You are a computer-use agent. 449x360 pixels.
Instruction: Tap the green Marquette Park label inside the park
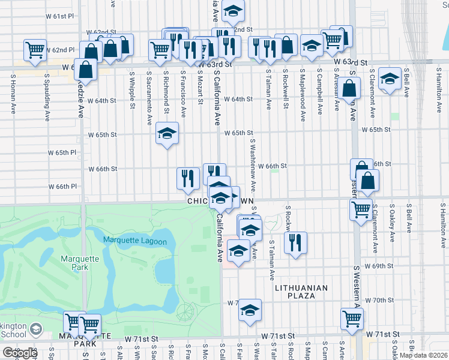tap(75, 263)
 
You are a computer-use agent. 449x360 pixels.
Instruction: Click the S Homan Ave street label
tap(13, 97)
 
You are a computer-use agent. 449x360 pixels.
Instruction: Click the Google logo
tap(20, 353)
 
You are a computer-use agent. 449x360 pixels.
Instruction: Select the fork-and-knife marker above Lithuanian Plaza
tap(295, 242)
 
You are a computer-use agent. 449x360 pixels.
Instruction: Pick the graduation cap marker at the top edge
tap(233, 10)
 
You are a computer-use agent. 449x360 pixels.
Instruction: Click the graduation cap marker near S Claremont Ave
tap(390, 79)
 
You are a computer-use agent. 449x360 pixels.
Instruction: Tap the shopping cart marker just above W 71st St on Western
tap(352, 319)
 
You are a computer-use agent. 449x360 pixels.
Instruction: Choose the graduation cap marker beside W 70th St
tap(250, 310)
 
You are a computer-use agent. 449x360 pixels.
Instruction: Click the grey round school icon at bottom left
tap(37, 329)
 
